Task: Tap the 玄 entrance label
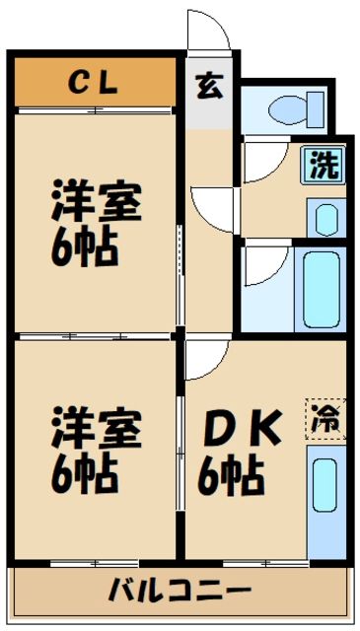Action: (208, 86)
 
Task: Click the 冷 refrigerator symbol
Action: (324, 417)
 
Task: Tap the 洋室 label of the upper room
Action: (96, 201)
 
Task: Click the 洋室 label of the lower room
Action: (96, 429)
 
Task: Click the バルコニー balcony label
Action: (180, 592)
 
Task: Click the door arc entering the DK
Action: (206, 361)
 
